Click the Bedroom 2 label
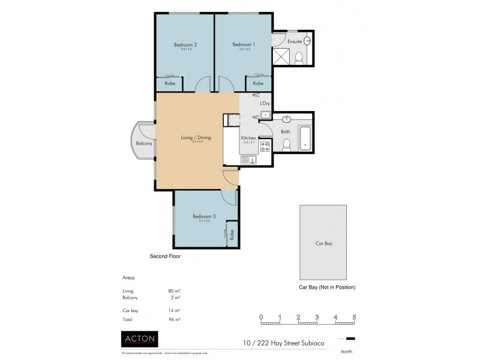(185, 44)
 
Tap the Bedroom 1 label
(244, 44)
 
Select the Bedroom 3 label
(204, 216)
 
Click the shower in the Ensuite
(281, 56)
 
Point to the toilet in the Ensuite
(299, 57)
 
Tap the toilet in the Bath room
(287, 145)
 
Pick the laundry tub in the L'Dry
(265, 114)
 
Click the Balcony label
(143, 143)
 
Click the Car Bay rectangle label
(323, 244)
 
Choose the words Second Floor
(165, 256)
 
